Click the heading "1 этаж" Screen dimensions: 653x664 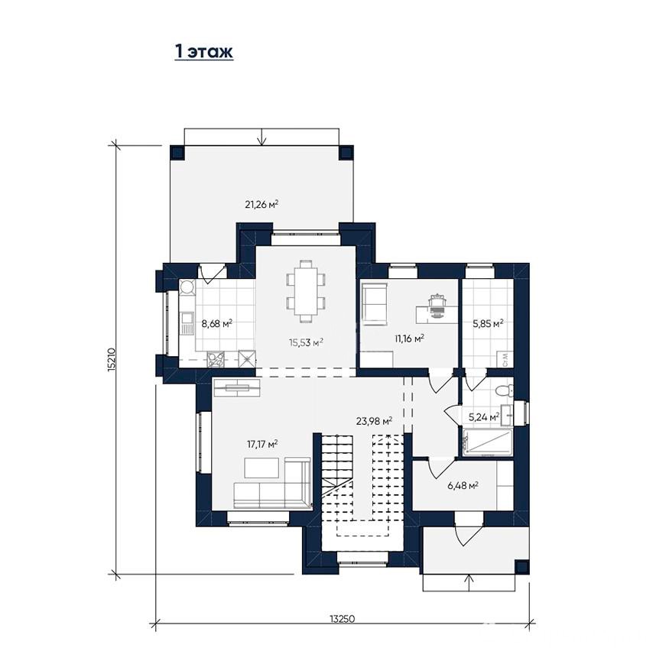click(x=204, y=52)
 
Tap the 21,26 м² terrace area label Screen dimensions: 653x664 click(x=262, y=205)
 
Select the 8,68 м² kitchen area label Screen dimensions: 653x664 click(x=217, y=324)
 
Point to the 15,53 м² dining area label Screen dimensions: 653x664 click(x=306, y=342)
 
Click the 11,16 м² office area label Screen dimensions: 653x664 click(x=409, y=338)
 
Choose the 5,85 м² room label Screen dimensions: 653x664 click(x=488, y=324)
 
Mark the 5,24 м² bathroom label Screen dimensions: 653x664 click(x=483, y=417)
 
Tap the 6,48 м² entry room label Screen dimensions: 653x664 click(x=463, y=485)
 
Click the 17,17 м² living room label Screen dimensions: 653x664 click(x=262, y=444)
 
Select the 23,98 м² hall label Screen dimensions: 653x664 click(x=374, y=421)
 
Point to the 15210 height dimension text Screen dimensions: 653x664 click(x=111, y=360)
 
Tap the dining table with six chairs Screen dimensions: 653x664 click(x=306, y=291)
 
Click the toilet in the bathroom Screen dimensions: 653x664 click(x=505, y=390)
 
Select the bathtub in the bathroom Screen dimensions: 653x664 click(x=488, y=442)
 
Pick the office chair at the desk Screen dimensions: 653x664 click(x=437, y=305)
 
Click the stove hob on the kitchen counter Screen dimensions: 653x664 click(x=218, y=360)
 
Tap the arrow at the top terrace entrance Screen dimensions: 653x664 click(x=262, y=137)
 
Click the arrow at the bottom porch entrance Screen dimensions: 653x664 click(x=469, y=582)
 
